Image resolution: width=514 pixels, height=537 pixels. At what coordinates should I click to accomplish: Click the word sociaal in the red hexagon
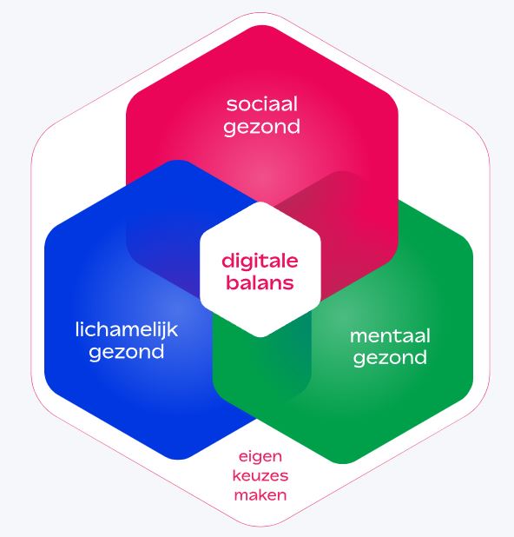coord(262,104)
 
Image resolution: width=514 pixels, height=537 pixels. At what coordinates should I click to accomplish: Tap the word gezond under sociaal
coord(262,127)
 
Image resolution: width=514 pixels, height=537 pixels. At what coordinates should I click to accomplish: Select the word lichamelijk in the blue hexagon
coord(127,330)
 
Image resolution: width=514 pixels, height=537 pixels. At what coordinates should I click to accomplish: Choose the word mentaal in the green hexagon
coord(390,336)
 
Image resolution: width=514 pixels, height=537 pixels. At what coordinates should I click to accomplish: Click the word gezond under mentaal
coord(390,358)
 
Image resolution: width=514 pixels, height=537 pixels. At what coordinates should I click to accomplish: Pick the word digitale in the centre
coord(260,262)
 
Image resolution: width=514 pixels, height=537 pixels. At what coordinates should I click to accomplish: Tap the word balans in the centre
coord(260,283)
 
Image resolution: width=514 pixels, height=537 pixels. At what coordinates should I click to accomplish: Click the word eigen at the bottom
coord(260,457)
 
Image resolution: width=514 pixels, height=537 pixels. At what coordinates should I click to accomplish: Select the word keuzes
coord(260,475)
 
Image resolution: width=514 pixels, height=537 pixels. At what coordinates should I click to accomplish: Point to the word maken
coord(260,495)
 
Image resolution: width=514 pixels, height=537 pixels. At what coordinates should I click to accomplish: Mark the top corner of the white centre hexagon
coord(260,202)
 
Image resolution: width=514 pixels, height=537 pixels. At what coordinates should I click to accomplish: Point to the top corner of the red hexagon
coord(262,25)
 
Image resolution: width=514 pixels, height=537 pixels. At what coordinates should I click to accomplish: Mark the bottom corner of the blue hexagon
coord(178,460)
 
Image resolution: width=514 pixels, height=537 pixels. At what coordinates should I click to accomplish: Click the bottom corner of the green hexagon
coord(343,464)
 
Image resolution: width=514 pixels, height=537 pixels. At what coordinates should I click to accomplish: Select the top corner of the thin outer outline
coord(260,12)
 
